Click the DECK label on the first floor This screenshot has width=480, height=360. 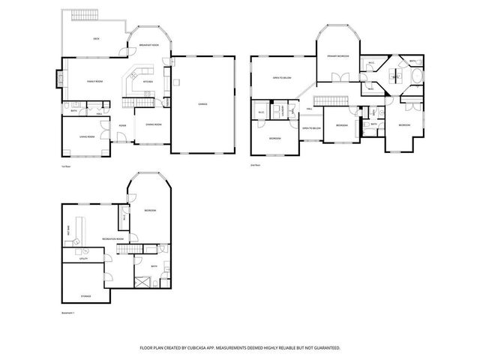tap(96, 38)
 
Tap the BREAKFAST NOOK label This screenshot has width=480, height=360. tap(148, 46)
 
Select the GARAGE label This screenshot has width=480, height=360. tap(202, 103)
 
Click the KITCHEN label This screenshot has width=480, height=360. tap(148, 81)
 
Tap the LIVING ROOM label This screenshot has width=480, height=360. tap(86, 137)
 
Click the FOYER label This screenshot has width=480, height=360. tap(121, 126)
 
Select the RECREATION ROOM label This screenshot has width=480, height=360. tap(113, 238)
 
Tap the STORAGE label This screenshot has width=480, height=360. tap(85, 296)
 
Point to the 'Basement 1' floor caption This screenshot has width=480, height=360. tap(69, 313)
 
